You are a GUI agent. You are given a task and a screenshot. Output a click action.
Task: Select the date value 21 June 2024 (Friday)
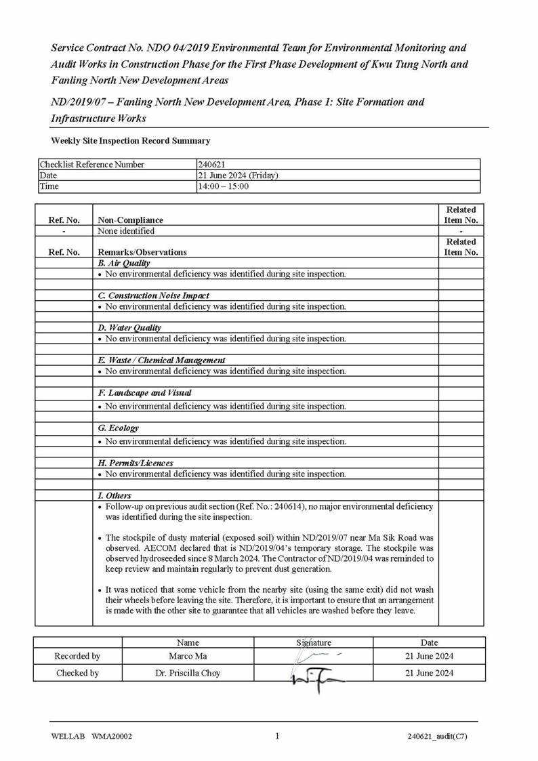(238, 176)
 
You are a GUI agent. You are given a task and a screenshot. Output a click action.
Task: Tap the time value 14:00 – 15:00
(224, 186)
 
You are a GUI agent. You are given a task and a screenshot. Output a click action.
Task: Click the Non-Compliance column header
(131, 220)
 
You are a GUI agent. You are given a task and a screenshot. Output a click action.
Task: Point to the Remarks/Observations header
(142, 252)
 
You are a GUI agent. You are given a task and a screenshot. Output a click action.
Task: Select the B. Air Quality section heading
(124, 263)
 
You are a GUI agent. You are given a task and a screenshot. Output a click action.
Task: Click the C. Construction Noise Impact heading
(154, 295)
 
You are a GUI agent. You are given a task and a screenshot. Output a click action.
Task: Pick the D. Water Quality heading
(129, 328)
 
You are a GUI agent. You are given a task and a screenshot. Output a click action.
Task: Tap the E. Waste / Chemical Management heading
(161, 361)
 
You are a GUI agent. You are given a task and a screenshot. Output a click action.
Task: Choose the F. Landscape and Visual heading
(144, 393)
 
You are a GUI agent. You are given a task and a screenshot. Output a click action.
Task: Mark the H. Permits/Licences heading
(136, 464)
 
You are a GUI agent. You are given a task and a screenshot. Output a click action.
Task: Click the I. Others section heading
(115, 496)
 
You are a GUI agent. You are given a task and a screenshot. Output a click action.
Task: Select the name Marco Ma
(188, 656)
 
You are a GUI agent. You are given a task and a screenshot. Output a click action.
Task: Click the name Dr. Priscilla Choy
(188, 673)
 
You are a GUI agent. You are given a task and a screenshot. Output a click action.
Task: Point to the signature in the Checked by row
(315, 676)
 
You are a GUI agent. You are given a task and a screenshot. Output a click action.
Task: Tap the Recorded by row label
(77, 656)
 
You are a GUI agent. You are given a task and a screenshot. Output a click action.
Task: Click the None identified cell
(126, 231)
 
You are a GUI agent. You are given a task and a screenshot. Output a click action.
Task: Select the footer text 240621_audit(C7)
(437, 737)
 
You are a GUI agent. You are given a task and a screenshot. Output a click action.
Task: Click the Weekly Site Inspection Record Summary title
(131, 141)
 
